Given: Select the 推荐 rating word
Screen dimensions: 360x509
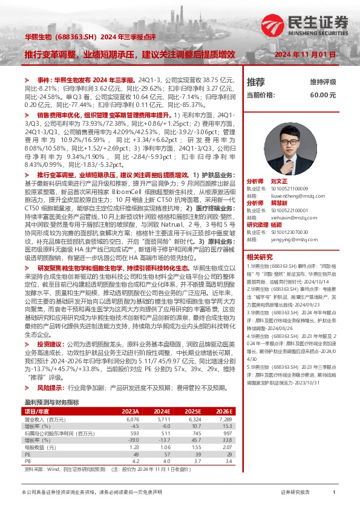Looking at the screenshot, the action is point(256,81).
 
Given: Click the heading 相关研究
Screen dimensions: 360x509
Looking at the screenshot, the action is point(259,256).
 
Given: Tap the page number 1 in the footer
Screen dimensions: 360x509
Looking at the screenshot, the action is point(334,493).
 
